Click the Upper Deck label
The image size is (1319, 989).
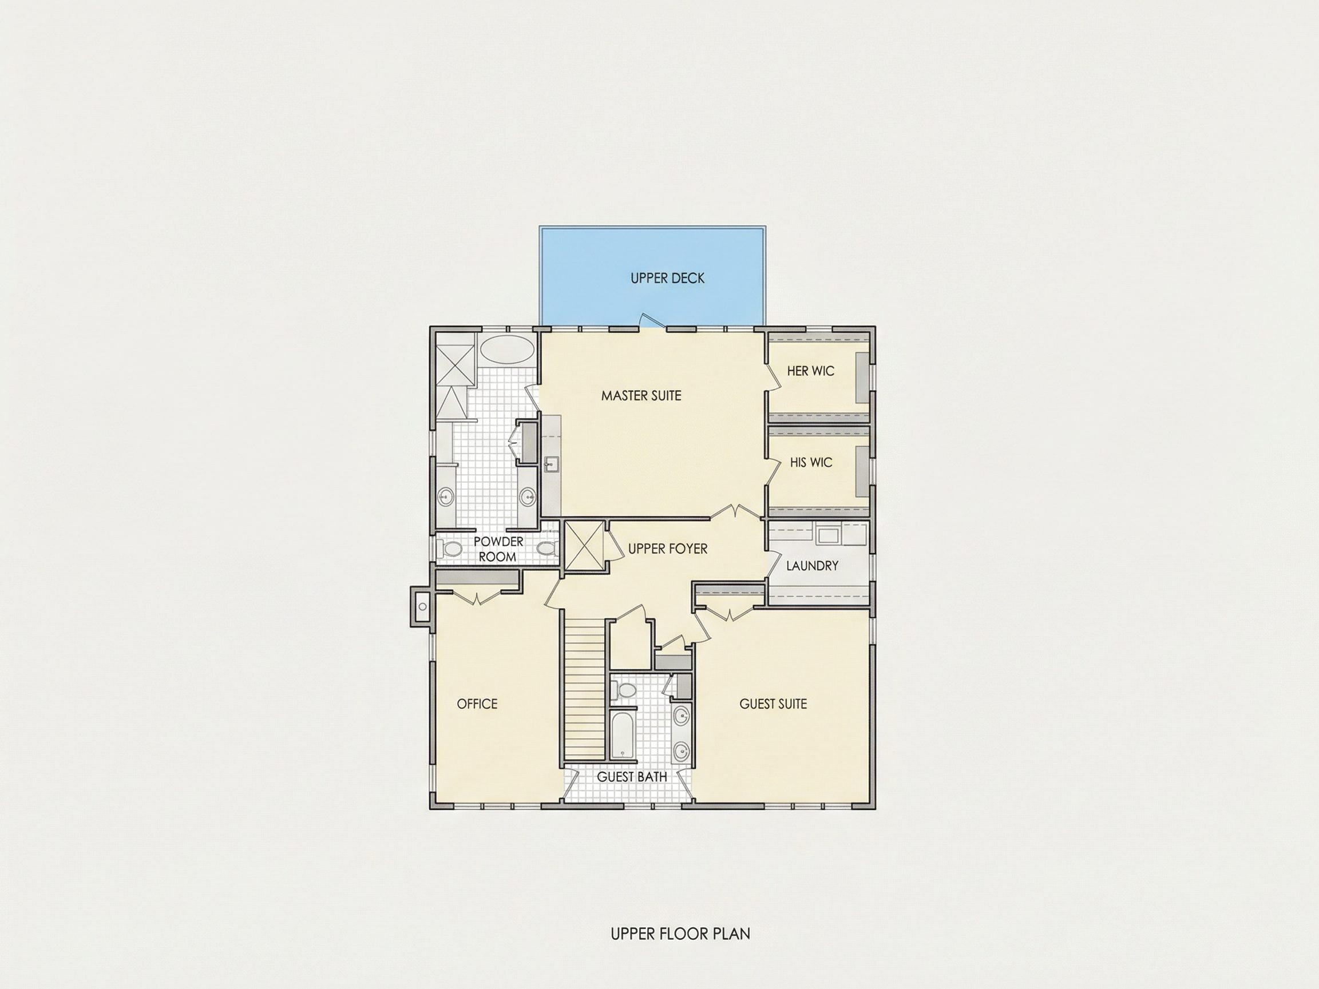667,279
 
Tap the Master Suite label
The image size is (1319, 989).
641,396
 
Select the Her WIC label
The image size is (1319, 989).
810,371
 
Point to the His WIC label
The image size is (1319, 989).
811,462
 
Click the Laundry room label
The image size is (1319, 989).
812,566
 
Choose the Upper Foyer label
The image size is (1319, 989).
668,549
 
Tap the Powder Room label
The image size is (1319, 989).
498,549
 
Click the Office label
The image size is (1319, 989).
477,704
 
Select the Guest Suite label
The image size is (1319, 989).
774,704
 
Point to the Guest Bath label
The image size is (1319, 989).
632,777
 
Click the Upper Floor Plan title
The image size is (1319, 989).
680,934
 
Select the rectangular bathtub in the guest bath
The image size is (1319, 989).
623,736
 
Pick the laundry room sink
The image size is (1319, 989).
827,535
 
